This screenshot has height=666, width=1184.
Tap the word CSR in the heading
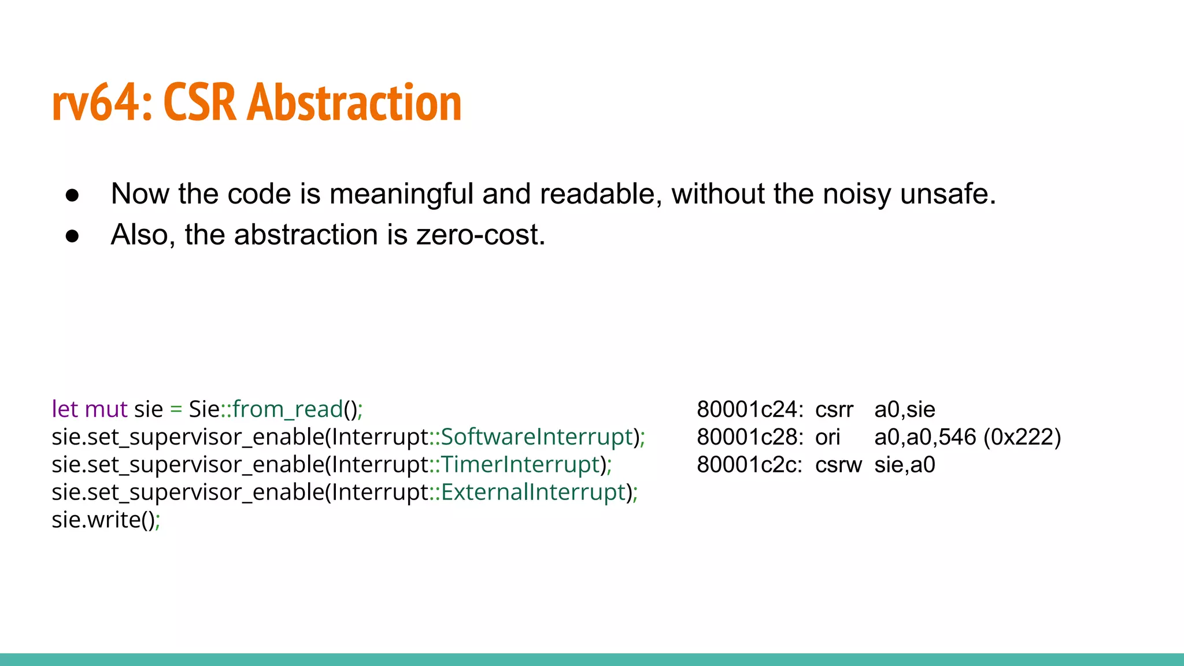coord(200,103)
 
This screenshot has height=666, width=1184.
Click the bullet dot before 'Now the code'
coord(72,195)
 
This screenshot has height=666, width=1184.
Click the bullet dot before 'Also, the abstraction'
coord(72,236)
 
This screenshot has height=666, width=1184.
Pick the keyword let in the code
coord(64,409)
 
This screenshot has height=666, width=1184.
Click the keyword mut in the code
coord(106,409)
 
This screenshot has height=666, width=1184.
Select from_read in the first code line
coord(288,409)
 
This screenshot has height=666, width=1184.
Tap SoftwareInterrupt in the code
coord(536,437)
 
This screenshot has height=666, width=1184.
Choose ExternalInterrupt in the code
coord(533,493)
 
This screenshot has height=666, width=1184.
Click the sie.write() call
coord(104,520)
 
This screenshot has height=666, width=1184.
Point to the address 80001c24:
coord(750,409)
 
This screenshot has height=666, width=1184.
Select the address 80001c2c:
coord(750,465)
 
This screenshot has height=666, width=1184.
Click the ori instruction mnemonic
coord(827,437)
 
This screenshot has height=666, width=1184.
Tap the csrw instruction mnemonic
coord(838,465)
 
